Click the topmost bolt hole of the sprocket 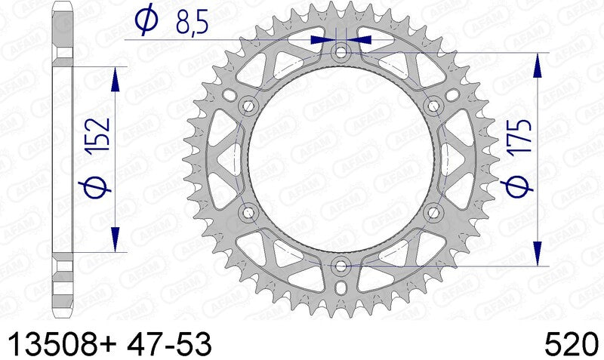click(x=341, y=53)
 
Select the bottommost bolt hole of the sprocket click(x=341, y=266)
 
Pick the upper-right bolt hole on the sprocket click(x=434, y=105)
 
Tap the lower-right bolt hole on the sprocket click(x=434, y=212)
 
